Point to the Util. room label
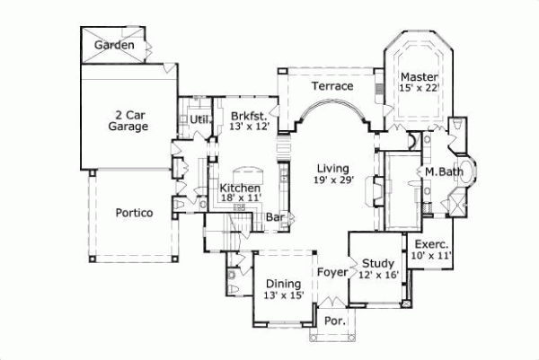[x=199, y=118]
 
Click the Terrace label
[x=331, y=86]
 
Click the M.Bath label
[x=443, y=171]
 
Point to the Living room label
[x=332, y=168]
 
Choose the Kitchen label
[x=241, y=188]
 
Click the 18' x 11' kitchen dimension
[x=241, y=198]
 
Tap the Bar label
[x=276, y=217]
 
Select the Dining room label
[x=283, y=284]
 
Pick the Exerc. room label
[x=431, y=244]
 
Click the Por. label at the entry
[x=332, y=320]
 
